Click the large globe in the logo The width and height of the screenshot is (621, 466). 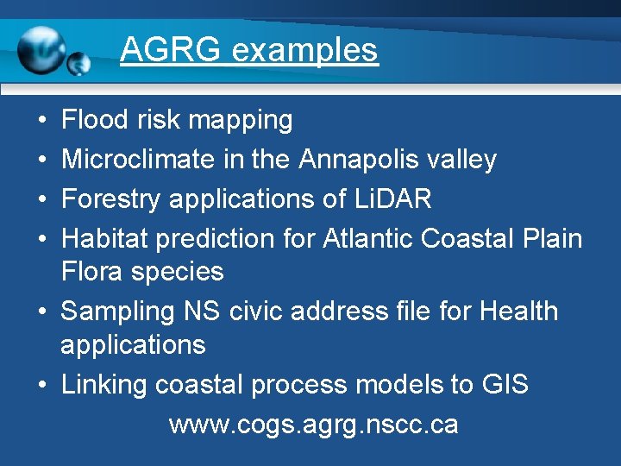click(41, 50)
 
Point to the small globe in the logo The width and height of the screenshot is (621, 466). click(79, 63)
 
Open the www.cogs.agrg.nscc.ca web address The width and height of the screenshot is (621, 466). click(313, 425)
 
